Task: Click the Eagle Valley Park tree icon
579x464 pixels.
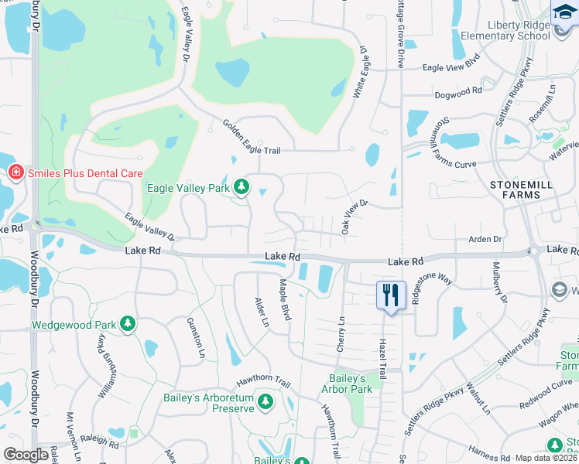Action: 242,186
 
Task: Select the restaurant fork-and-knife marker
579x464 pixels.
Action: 391,295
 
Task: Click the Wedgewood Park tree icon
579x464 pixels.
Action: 128,325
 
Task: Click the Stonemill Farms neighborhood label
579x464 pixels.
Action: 516,189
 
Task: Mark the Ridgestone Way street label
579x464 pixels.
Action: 432,289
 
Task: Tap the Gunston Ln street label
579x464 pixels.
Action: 196,337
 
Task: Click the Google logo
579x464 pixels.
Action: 26,455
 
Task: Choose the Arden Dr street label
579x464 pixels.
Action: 485,240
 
